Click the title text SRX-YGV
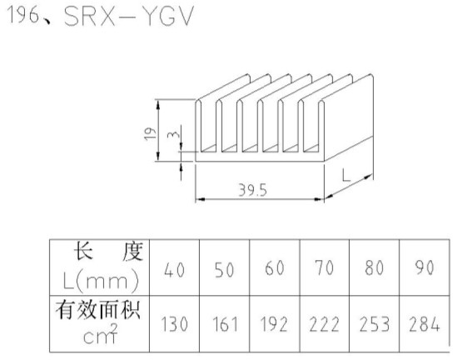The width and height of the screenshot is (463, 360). tap(129, 16)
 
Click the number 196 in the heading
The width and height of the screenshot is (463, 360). tap(24, 15)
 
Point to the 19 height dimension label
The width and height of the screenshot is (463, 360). tap(150, 134)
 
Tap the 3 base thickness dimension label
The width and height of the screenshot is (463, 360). tap(173, 134)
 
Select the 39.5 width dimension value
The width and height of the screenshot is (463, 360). tap(253, 190)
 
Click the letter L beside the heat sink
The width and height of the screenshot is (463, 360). tap(346, 175)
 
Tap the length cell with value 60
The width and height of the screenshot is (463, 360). tap(275, 267)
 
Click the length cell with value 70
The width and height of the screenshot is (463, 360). tap(324, 267)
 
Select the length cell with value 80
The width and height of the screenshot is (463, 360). tap(375, 267)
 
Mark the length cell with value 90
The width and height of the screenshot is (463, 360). tap(425, 267)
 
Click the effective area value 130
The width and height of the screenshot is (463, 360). tap(174, 323)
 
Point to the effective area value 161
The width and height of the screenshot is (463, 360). tap(225, 323)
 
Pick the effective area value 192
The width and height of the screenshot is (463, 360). tap(274, 323)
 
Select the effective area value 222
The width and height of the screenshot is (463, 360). tap(324, 323)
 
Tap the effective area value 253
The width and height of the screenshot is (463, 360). tap(375, 323)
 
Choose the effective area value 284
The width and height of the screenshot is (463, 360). tap(425, 323)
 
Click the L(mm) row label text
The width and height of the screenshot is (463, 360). tap(101, 280)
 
